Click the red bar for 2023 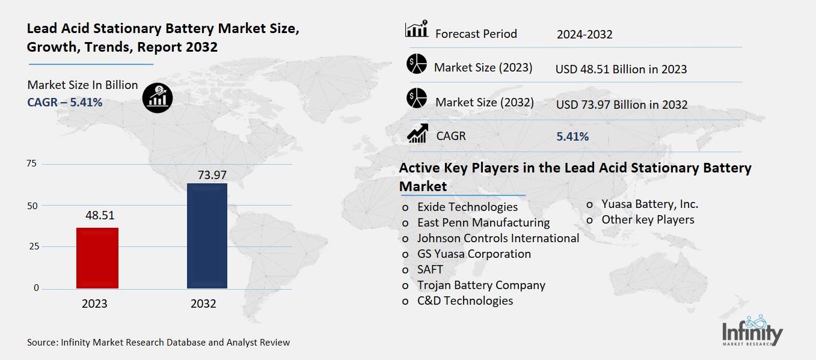click(x=97, y=258)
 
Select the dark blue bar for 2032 click(x=207, y=236)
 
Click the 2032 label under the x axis click(x=203, y=304)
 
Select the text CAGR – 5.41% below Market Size click(x=65, y=103)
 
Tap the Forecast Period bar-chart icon click(x=416, y=29)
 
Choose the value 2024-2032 click(x=584, y=34)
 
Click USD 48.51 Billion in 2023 click(x=621, y=69)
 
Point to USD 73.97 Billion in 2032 click(x=622, y=105)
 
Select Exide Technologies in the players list click(x=467, y=207)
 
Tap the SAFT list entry click(x=430, y=269)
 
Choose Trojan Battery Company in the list click(x=481, y=285)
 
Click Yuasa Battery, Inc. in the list click(x=650, y=204)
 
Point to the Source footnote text click(x=158, y=343)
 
